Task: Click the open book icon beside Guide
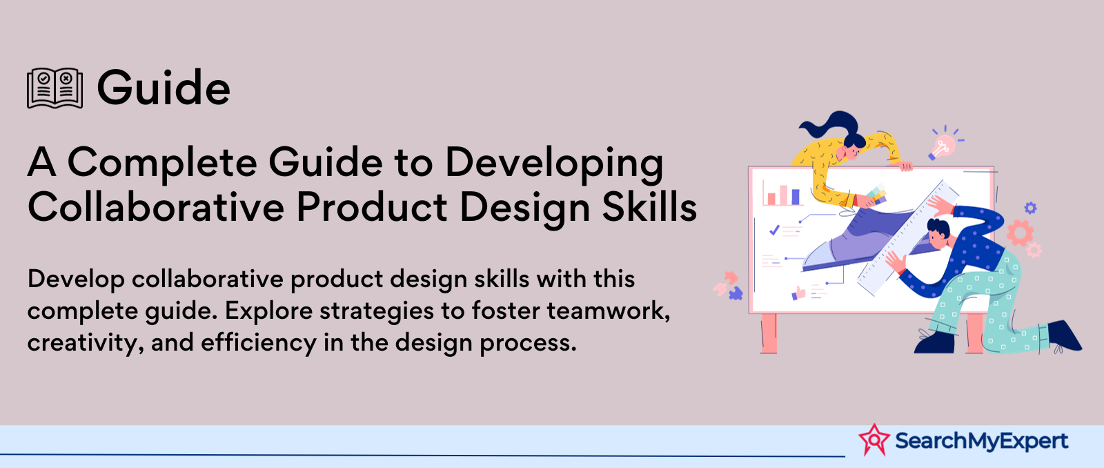pyautogui.click(x=55, y=88)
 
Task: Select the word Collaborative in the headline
pyautogui.click(x=156, y=207)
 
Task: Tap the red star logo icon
pyautogui.click(x=874, y=440)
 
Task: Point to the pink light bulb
pyautogui.click(x=943, y=146)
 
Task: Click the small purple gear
pyautogui.click(x=1030, y=208)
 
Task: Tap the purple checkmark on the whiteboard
pyautogui.click(x=774, y=229)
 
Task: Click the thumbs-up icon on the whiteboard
pyautogui.click(x=798, y=293)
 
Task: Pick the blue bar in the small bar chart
pyautogui.click(x=795, y=197)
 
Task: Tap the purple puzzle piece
pyautogui.click(x=735, y=293)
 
